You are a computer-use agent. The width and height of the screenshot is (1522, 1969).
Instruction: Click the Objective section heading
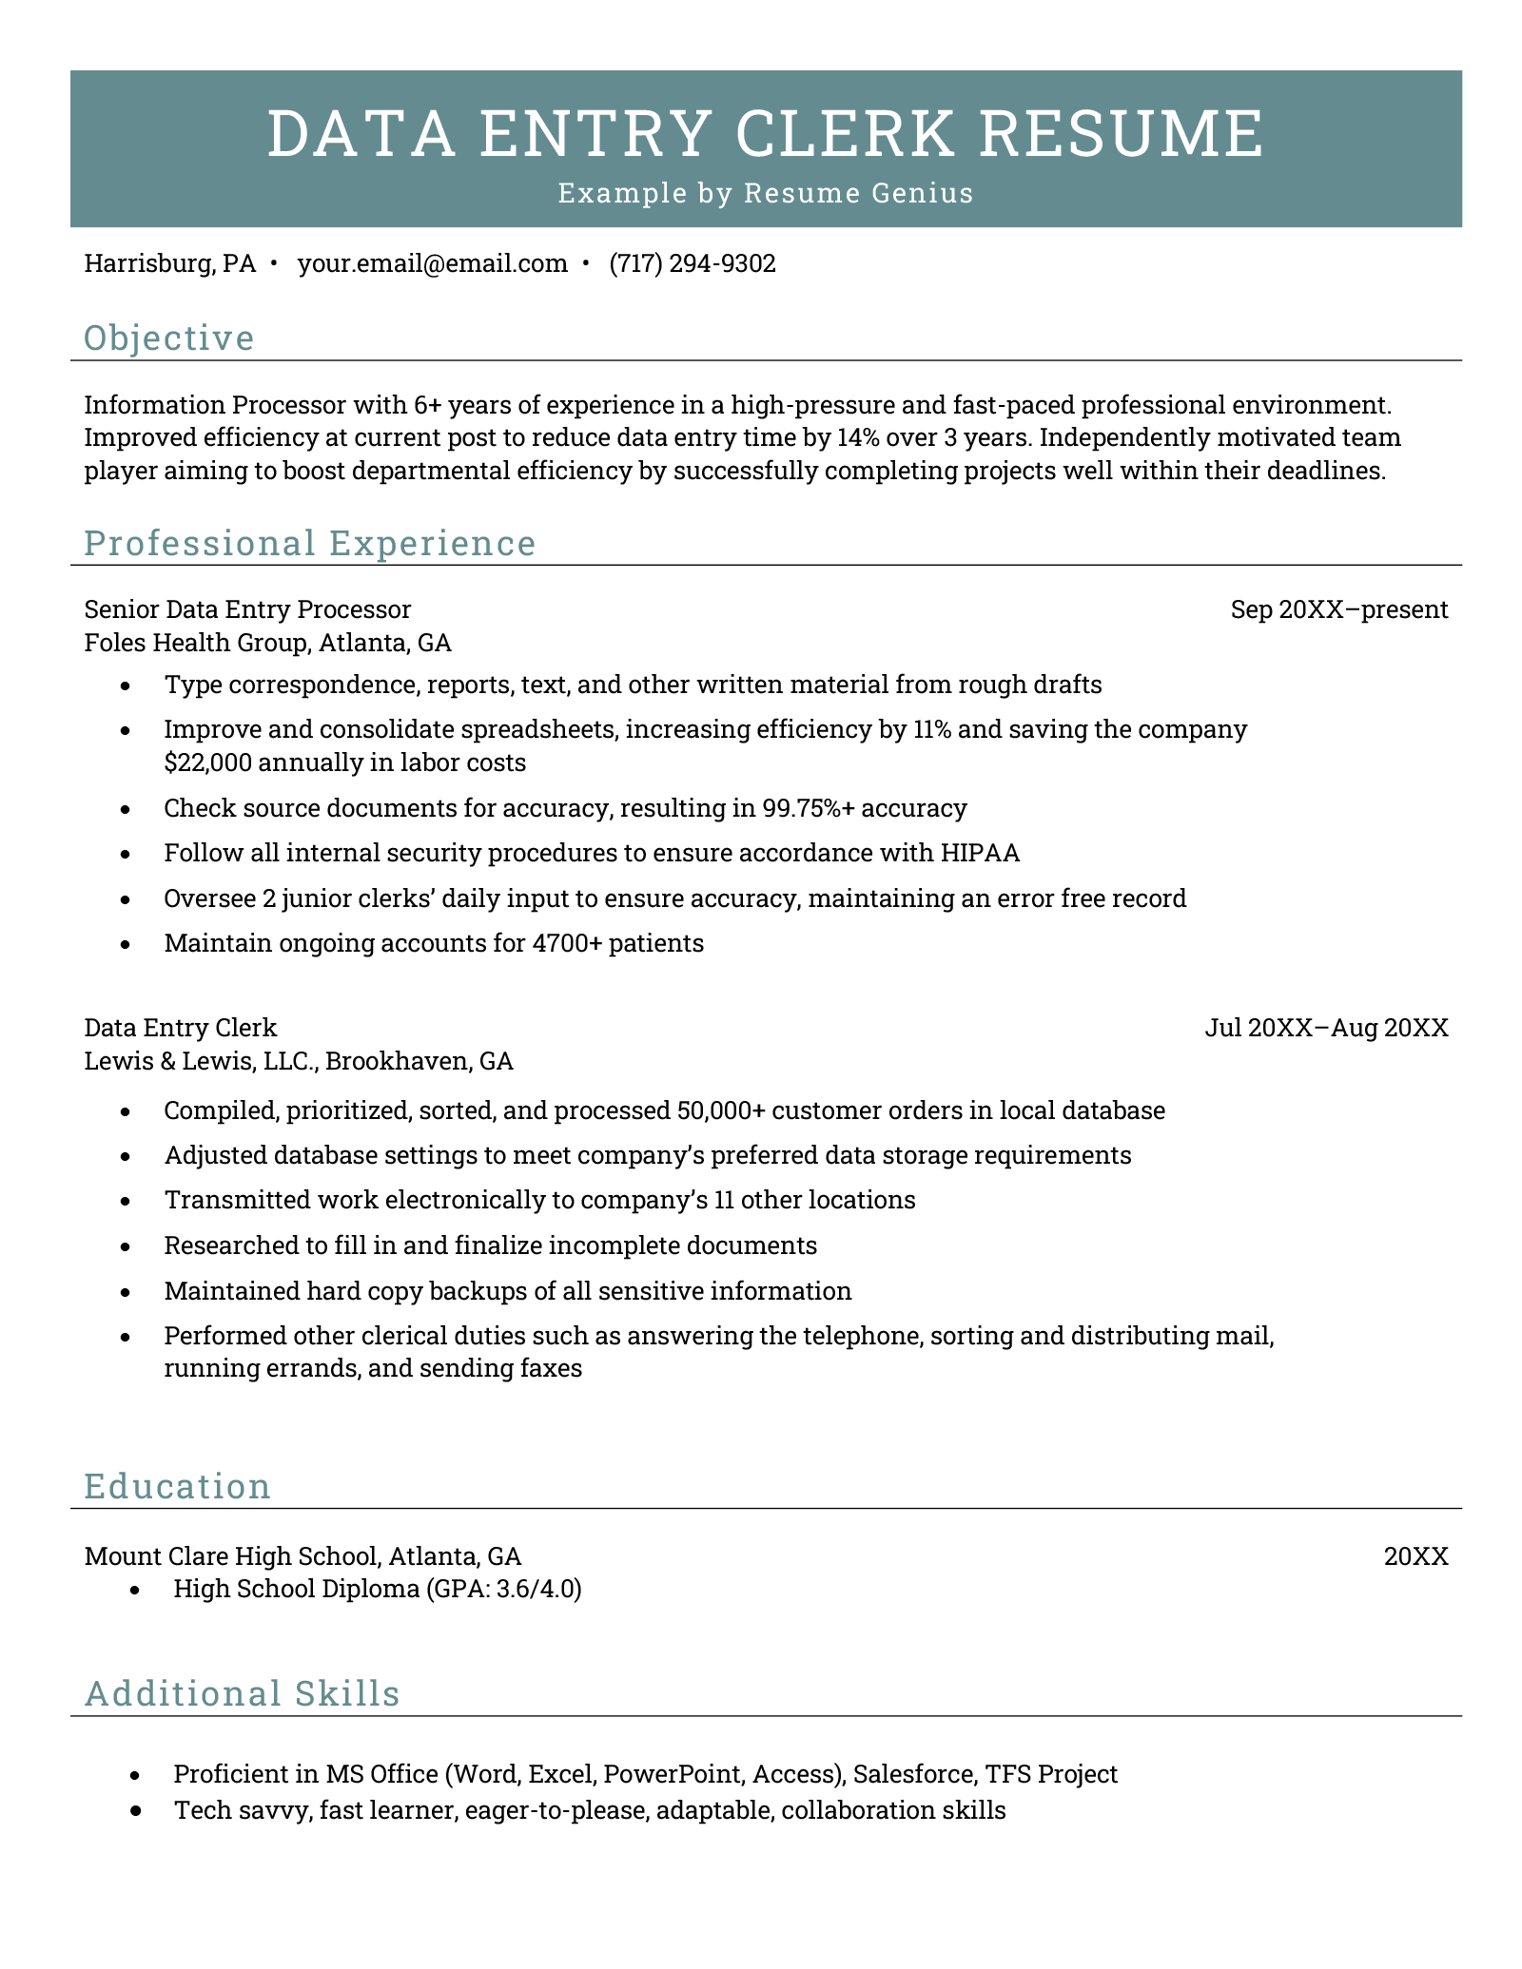169,338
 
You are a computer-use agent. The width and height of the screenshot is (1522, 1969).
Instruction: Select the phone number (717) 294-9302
693,263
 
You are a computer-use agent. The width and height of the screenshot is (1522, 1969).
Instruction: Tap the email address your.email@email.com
433,263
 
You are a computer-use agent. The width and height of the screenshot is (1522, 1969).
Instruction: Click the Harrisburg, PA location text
170,263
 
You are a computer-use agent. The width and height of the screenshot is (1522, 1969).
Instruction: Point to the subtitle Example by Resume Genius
766,193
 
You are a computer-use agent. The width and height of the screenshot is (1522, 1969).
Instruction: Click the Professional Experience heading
310,543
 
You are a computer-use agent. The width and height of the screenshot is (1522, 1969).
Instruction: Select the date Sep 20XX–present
1338,609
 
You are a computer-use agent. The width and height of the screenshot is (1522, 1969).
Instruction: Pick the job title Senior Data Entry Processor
248,609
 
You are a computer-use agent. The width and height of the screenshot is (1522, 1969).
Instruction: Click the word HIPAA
980,853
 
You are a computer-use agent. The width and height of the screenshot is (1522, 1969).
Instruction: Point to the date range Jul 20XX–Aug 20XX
1326,1028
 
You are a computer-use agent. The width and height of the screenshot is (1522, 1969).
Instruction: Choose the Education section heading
178,1486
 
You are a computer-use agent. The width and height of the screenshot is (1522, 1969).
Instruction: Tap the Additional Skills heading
242,1693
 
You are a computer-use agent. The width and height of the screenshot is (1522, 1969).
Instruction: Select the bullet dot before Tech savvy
135,1811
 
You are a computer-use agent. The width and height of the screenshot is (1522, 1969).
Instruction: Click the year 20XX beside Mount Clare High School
1415,1556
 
